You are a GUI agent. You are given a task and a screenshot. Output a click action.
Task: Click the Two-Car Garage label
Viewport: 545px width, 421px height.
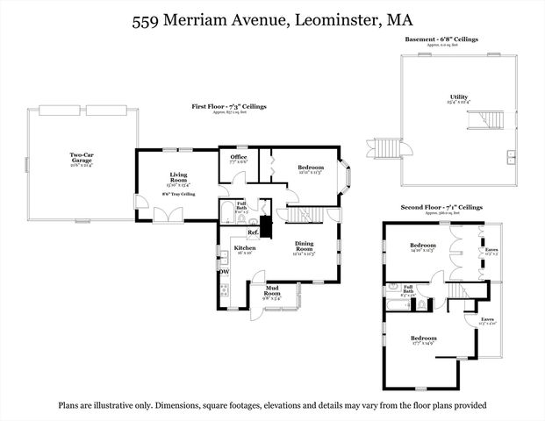pyautogui.click(x=82, y=158)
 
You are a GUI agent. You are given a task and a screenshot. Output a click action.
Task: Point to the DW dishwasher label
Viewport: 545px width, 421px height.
pyautogui.click(x=223, y=271)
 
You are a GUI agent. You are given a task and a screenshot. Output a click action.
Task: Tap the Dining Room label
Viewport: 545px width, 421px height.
pyautogui.click(x=304, y=246)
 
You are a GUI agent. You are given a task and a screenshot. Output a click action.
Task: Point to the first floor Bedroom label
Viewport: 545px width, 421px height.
pyautogui.click(x=311, y=168)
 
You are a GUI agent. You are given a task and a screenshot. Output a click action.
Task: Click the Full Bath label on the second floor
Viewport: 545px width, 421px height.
pyautogui.click(x=407, y=289)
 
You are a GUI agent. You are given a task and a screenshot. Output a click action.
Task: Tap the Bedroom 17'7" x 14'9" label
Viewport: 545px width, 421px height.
pyautogui.click(x=424, y=339)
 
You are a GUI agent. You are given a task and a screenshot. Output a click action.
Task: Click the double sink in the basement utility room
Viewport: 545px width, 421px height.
pyautogui.click(x=511, y=158)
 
